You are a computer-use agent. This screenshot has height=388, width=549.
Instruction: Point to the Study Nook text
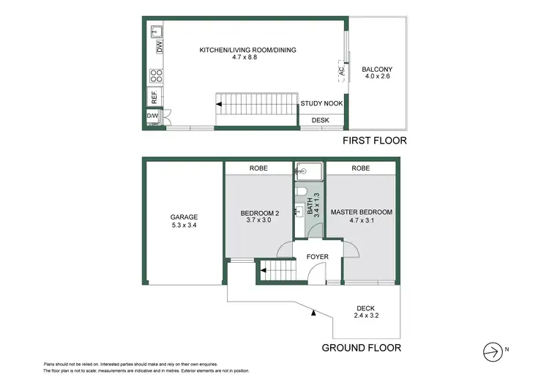pos(321,104)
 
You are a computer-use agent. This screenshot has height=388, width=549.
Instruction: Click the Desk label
pos(321,119)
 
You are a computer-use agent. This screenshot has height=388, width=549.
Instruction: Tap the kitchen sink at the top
pos(157,31)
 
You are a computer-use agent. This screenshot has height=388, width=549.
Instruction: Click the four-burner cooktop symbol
pos(156,77)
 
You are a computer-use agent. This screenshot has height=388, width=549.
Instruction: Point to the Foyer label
pos(318,257)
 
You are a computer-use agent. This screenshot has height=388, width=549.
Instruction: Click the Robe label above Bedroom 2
pos(258,168)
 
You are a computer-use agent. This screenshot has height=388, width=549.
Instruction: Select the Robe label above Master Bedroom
pos(360,168)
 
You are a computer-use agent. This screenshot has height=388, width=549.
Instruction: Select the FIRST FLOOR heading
pos(375,140)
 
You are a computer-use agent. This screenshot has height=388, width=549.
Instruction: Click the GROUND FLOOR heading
pos(361,348)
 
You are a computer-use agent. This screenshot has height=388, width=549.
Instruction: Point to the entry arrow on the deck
pos(314,313)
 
